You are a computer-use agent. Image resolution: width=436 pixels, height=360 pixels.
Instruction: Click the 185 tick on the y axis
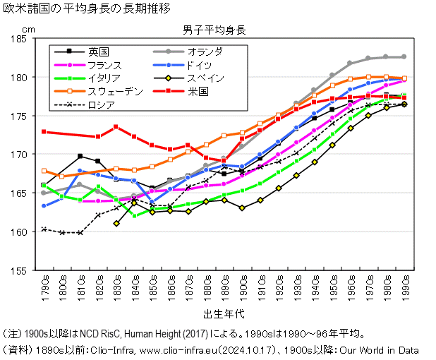click(23, 38)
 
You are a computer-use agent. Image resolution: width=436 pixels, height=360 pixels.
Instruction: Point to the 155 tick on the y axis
click(23, 270)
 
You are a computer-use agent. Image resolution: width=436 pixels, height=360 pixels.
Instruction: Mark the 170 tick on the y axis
click(23, 154)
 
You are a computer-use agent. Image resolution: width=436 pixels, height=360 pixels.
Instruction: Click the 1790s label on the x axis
click(44, 289)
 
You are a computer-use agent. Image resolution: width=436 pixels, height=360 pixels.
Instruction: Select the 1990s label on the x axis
click(404, 289)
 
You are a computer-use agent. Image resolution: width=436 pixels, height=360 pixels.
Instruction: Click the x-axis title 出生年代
click(224, 313)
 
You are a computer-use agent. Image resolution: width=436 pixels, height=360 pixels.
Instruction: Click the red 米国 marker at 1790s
click(44, 132)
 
